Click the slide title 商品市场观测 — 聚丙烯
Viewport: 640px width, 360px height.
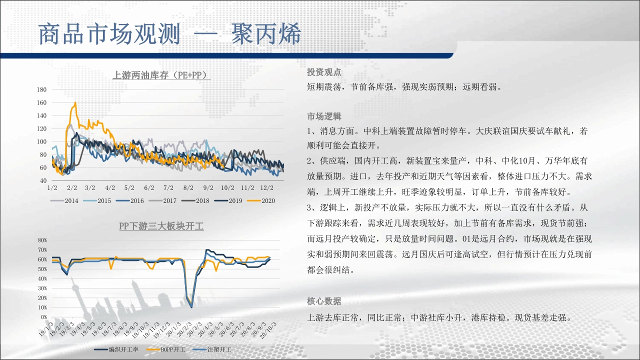pos(169,34)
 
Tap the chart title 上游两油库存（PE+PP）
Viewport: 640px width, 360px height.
pos(161,75)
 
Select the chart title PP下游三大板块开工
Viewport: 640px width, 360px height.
pos(161,226)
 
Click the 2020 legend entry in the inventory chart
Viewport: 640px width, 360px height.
pos(261,201)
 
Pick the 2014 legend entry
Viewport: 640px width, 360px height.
pos(64,201)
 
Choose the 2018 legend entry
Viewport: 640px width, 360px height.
pos(195,201)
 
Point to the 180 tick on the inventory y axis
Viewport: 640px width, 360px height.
pos(41,89)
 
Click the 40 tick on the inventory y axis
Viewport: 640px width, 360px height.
pos(43,180)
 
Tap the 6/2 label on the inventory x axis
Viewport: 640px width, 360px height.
pos(149,188)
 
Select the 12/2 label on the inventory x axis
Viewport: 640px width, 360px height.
pos(267,188)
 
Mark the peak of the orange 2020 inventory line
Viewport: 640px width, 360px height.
pos(75,102)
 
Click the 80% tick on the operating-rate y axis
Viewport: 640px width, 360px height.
pos(42,240)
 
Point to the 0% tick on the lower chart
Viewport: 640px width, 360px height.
pos(44,317)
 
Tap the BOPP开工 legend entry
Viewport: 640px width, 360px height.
pos(165,349)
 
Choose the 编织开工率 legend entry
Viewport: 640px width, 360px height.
pos(116,349)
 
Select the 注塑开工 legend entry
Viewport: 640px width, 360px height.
pos(211,349)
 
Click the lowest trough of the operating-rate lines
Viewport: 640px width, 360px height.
pos(191,307)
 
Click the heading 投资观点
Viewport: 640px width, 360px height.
pos(324,72)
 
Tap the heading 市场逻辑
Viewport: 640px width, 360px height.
pos(324,116)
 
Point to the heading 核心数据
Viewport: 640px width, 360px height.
pos(324,301)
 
